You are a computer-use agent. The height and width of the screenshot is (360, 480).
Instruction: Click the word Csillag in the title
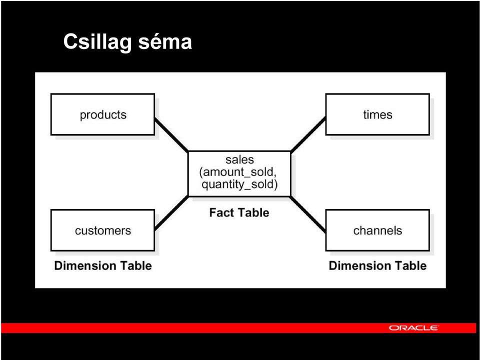pyautogui.click(x=98, y=42)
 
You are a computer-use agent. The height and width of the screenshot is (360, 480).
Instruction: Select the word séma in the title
pyautogui.click(x=165, y=41)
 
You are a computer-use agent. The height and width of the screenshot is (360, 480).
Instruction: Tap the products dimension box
pyautogui.click(x=102, y=114)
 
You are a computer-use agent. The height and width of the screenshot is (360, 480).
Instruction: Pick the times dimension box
pyautogui.click(x=377, y=114)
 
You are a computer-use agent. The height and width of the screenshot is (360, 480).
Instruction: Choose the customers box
pyautogui.click(x=102, y=230)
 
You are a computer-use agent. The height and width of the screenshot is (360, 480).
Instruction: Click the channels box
pyautogui.click(x=377, y=230)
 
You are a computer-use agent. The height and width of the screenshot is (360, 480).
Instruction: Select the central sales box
pyautogui.click(x=239, y=173)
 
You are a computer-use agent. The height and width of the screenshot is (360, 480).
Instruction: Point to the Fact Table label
pyautogui.click(x=239, y=212)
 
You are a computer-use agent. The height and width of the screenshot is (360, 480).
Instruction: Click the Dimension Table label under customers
pyautogui.click(x=103, y=265)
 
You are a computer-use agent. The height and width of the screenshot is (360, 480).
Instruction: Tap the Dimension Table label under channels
pyautogui.click(x=377, y=265)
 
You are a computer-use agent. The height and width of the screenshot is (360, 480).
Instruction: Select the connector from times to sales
pyautogui.click(x=308, y=134)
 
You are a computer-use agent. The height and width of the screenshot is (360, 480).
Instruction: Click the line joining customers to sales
pyautogui.click(x=171, y=213)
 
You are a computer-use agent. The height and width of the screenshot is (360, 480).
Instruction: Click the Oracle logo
pyautogui.click(x=413, y=328)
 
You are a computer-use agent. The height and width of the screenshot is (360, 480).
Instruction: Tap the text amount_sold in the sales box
pyautogui.click(x=239, y=172)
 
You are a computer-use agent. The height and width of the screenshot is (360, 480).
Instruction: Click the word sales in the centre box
pyautogui.click(x=239, y=159)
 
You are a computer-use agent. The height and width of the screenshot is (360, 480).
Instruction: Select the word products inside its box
pyautogui.click(x=103, y=115)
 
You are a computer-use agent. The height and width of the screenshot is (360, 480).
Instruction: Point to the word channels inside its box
pyautogui.click(x=377, y=230)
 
